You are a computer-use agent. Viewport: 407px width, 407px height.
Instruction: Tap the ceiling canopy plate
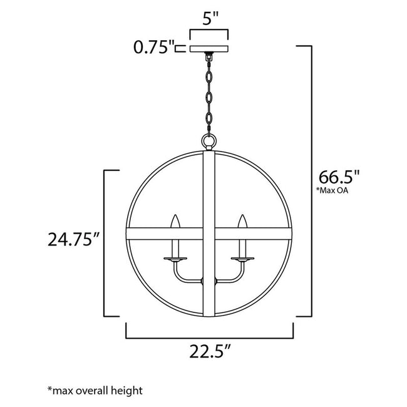pos(210,48)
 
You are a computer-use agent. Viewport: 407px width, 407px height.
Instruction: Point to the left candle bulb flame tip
pos(175,220)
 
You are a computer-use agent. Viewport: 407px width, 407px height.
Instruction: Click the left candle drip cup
pos(175,258)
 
